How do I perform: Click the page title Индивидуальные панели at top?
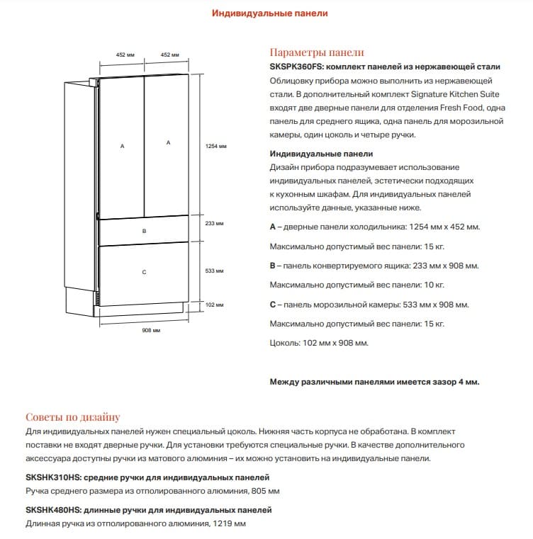(270, 13)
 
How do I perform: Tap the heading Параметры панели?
(317, 52)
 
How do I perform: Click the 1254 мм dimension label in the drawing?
(216, 147)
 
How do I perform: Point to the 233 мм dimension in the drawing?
(214, 223)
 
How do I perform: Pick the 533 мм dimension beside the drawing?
(214, 271)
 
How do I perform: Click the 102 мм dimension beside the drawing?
(214, 305)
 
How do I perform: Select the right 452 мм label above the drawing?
(169, 55)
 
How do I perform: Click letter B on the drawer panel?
(144, 232)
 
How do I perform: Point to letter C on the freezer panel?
(144, 272)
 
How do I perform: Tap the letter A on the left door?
(123, 146)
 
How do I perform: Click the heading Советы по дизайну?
(72, 417)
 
